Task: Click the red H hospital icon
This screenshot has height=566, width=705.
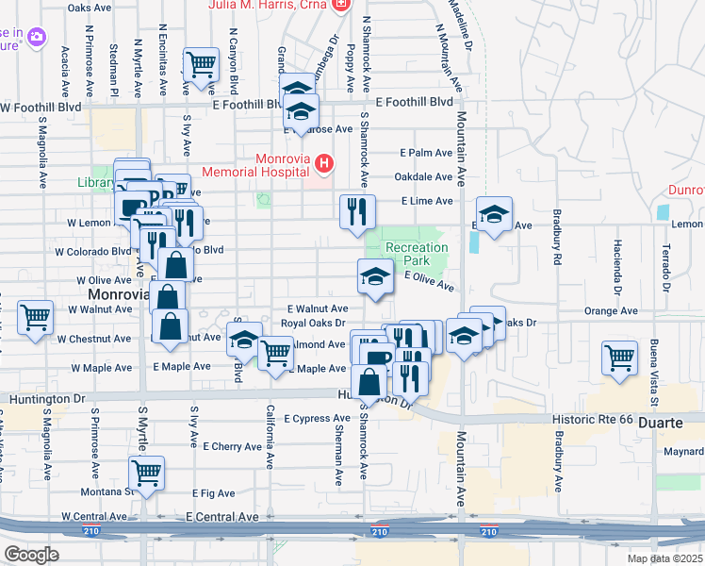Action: pyautogui.click(x=325, y=165)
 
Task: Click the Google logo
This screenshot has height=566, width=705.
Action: pyautogui.click(x=31, y=554)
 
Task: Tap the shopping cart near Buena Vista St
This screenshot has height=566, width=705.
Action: pyautogui.click(x=620, y=358)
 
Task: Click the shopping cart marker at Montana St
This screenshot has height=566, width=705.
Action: pyautogui.click(x=146, y=473)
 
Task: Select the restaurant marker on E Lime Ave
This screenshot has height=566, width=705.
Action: pyautogui.click(x=357, y=211)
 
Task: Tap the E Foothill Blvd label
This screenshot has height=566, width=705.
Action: pyautogui.click(x=414, y=103)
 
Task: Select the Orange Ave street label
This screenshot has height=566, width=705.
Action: pyautogui.click(x=604, y=310)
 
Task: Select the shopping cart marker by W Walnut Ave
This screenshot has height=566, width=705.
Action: pyautogui.click(x=36, y=318)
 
